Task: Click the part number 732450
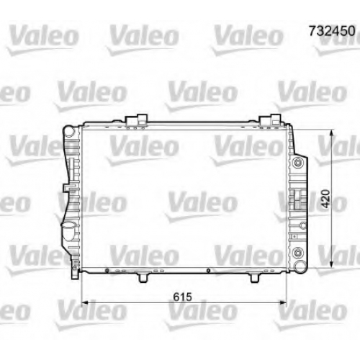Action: coord(332,31)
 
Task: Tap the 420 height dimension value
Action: coord(325,199)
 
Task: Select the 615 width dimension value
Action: coord(183,297)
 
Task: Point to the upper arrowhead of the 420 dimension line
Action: coord(332,134)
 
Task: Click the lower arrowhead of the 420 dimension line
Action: coord(332,263)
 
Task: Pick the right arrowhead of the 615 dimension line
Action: coord(283,302)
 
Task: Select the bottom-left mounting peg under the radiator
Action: coord(143,278)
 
